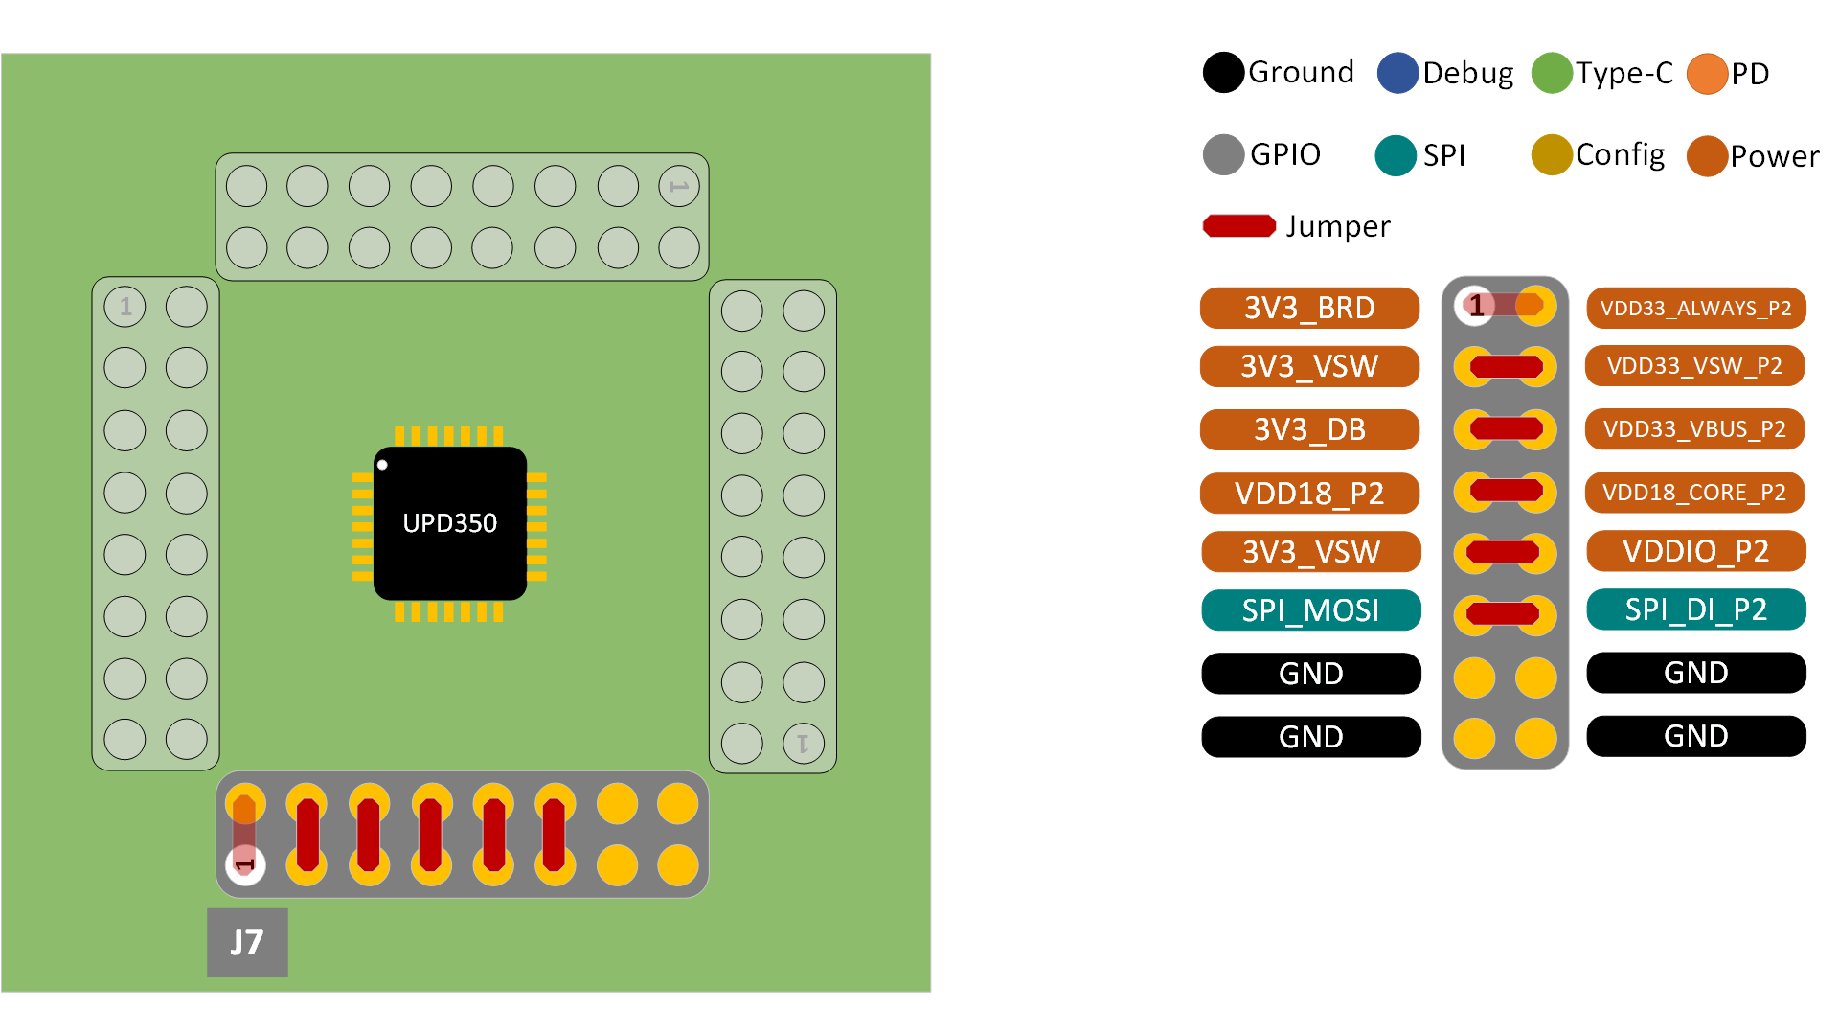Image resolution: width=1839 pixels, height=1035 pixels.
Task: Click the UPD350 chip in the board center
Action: click(449, 523)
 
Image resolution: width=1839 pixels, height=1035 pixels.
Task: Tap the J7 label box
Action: click(247, 942)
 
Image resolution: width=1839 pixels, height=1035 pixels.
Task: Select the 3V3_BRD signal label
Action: click(1309, 308)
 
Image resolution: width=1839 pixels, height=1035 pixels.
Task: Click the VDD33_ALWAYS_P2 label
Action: click(1695, 308)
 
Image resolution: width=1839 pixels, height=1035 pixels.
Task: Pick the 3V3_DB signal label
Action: click(1309, 429)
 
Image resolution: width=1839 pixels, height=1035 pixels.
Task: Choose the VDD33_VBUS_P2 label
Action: click(1694, 429)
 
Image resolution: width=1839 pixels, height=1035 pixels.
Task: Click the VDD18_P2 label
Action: click(1309, 493)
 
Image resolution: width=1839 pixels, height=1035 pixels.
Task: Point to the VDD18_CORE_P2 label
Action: click(1694, 493)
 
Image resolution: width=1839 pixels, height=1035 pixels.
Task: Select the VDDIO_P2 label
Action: click(1695, 551)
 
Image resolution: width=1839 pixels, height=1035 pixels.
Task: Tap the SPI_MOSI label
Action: click(1310, 610)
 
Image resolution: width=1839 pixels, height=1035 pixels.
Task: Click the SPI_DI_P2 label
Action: click(1695, 609)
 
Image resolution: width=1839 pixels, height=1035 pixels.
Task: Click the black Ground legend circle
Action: click(1223, 73)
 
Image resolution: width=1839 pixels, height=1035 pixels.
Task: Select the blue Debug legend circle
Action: click(1397, 73)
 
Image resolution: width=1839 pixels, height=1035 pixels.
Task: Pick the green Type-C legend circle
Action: click(1552, 73)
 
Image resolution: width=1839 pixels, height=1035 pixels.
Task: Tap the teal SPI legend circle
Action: click(1396, 155)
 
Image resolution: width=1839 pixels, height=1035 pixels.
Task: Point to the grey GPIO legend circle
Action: click(1223, 155)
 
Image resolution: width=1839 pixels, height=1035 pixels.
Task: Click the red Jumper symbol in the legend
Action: click(1239, 226)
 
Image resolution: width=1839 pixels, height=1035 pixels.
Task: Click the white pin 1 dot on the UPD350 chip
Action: click(382, 465)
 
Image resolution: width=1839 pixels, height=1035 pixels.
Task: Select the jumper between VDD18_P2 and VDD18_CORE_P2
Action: click(1506, 492)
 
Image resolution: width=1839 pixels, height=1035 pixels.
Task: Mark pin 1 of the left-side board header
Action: click(125, 307)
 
